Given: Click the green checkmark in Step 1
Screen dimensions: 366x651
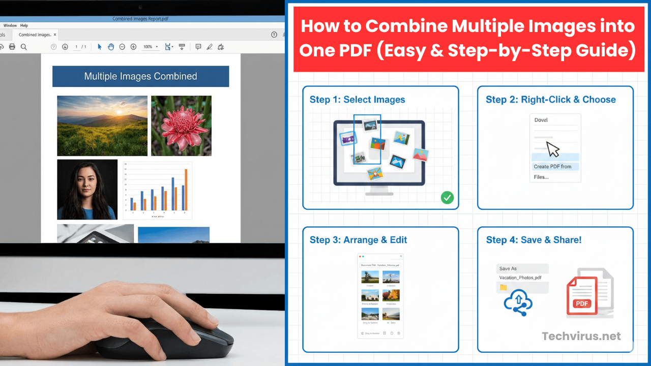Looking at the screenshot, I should coord(447,198).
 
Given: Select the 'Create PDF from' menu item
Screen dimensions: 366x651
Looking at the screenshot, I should coord(552,166).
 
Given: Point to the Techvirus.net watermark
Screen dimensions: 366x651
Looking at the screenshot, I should coord(581,336).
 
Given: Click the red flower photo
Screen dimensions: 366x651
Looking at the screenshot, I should coord(181,126).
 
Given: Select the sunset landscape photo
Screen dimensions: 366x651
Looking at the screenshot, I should coord(102,126).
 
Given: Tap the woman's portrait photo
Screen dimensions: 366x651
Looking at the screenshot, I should coord(87,189).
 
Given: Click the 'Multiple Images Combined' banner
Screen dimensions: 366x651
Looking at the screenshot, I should coord(140,76).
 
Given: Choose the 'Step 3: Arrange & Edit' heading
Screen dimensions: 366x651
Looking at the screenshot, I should coord(358,240).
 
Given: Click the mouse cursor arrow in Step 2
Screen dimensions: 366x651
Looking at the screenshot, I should coord(552,149).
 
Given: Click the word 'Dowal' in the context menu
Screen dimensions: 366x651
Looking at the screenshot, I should coord(541,120).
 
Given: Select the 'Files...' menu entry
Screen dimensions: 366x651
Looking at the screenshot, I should coord(541,177).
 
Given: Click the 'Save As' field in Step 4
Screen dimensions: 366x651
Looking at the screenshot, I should coord(522,268).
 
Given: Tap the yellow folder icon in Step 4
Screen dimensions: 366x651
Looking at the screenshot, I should coord(504,287).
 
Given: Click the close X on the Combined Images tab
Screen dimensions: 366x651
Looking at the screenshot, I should coord(55,35).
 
